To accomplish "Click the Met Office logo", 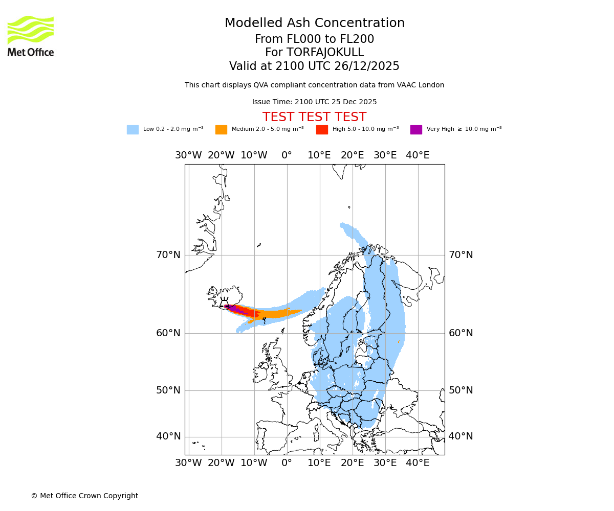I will [x=31, y=36].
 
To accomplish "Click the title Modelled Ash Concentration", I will [x=314, y=24].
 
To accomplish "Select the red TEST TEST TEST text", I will [x=314, y=118].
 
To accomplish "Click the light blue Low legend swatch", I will [x=133, y=130].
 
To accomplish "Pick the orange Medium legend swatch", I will [x=221, y=130].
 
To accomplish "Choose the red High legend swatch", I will [x=322, y=130].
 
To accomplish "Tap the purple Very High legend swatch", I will [x=416, y=130].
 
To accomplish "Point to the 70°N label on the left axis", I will [x=168, y=255].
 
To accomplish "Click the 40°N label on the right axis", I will [x=461, y=436].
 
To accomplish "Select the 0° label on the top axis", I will [x=287, y=155].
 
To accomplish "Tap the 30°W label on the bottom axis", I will [x=188, y=463].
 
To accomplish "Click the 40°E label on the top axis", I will [x=418, y=155].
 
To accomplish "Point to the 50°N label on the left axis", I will [x=168, y=390].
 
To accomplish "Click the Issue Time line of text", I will [x=314, y=102].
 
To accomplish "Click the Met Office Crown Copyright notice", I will [x=84, y=496].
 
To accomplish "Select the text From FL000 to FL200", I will [x=314, y=39].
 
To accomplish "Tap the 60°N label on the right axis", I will [x=461, y=333].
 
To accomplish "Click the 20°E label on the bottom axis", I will [x=352, y=463].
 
